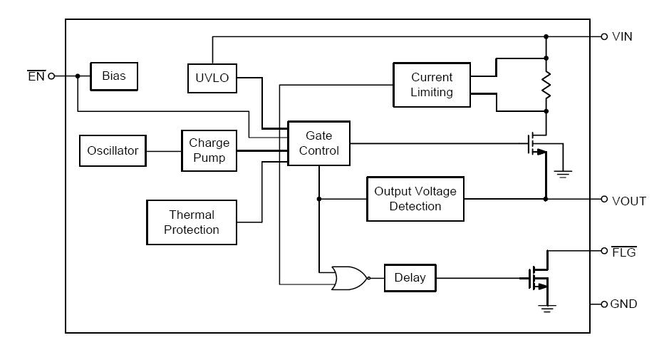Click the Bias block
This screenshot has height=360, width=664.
coord(113,76)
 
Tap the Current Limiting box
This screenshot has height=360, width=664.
coord(431,85)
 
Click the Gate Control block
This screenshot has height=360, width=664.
coord(318,143)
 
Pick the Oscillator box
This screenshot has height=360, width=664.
coord(113,151)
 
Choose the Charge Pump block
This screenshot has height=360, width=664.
coord(209,150)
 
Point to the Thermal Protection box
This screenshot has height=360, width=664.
coord(191,222)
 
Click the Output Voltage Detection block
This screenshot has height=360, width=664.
coord(415,199)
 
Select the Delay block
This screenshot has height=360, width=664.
coord(409,277)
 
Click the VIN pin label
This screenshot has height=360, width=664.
coord(622,36)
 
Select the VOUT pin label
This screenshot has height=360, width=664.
coord(628,200)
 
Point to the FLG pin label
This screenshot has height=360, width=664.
coord(624,252)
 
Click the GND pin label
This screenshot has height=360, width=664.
coord(623,304)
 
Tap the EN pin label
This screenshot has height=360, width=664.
coord(36,76)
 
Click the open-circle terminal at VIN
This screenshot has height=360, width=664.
coord(604,36)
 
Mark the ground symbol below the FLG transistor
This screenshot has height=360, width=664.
coord(546,307)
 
